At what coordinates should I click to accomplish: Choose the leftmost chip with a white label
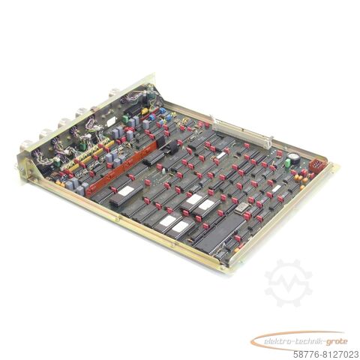[x=124, y=191]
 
